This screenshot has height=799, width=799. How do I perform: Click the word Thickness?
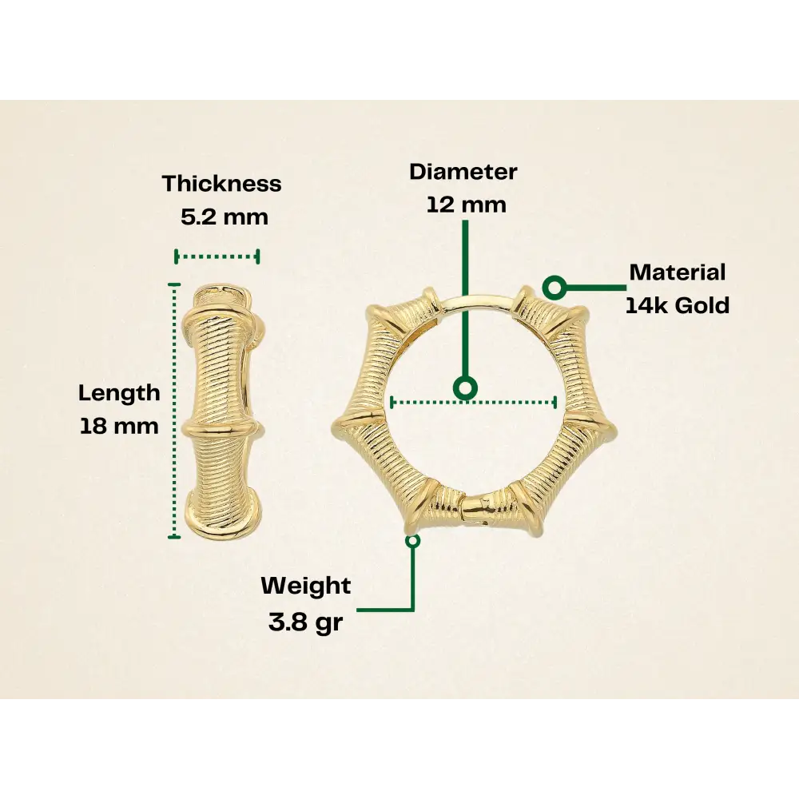(x=221, y=184)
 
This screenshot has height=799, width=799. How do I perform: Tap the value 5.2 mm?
(x=225, y=217)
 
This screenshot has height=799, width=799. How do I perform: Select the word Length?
(x=119, y=393)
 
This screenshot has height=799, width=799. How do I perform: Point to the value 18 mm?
(x=119, y=426)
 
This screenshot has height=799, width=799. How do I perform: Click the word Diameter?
(x=463, y=172)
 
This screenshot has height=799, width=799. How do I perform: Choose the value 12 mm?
(x=466, y=205)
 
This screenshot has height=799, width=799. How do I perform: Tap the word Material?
(x=678, y=272)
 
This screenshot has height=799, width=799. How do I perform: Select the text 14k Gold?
(x=678, y=305)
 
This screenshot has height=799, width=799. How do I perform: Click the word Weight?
(x=306, y=586)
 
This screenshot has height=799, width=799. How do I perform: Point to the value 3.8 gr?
(x=305, y=622)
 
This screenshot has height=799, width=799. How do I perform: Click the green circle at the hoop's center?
(x=465, y=389)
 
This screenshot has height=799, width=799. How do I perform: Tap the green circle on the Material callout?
(x=555, y=286)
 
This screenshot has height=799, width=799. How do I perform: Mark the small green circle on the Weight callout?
(x=412, y=541)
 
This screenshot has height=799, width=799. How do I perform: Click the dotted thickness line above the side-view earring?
(x=217, y=256)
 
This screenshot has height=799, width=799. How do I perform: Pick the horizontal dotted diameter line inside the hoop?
(x=511, y=402)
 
